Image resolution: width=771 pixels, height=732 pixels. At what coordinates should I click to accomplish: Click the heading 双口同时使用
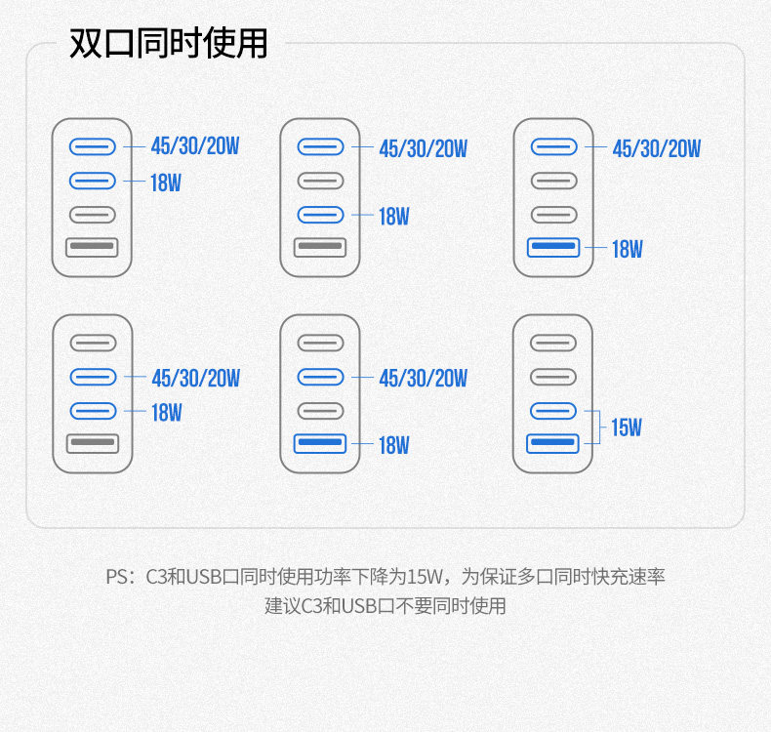[x=168, y=44]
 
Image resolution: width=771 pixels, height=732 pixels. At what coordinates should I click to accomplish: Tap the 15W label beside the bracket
[x=626, y=427]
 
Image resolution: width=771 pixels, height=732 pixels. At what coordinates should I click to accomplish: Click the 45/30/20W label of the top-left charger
[x=195, y=147]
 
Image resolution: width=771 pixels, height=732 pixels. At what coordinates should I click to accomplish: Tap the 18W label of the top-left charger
[x=166, y=182]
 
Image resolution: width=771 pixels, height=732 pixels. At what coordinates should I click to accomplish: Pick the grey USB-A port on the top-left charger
[x=93, y=248]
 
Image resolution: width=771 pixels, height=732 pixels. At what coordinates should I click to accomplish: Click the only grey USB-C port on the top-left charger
[x=93, y=215]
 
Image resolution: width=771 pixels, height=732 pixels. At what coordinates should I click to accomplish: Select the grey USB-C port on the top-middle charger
[x=320, y=182]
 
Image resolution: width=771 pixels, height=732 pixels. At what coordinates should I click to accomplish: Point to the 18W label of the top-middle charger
[x=394, y=217]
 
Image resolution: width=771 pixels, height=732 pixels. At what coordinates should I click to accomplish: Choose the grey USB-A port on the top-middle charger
[x=320, y=248]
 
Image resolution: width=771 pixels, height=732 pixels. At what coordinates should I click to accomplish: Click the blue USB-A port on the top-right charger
[x=553, y=248]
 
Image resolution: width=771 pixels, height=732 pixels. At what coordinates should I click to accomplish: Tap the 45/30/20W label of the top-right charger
[x=656, y=148]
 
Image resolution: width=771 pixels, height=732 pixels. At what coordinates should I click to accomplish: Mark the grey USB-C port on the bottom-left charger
[x=93, y=344]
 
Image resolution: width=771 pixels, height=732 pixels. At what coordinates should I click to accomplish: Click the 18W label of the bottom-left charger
[x=166, y=412]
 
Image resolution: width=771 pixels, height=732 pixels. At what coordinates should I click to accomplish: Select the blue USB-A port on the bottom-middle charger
[x=320, y=445]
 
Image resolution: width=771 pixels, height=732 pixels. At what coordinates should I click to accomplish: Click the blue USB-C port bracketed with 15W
[x=553, y=411]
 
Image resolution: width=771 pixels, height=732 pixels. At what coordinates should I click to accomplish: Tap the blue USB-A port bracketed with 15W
[x=553, y=444]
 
